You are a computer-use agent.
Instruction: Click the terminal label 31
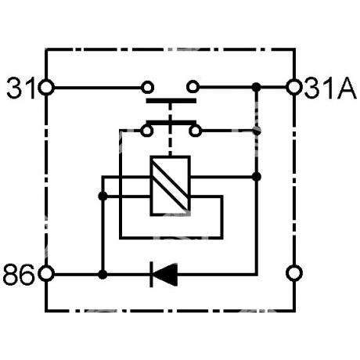21,88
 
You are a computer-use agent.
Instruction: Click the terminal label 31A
330,88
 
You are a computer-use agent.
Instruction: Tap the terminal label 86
18,275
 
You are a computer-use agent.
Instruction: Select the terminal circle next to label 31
46,88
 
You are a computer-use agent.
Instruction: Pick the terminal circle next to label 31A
294,88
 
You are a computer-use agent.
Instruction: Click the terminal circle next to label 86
46,274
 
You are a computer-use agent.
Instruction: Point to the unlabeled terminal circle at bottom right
294,273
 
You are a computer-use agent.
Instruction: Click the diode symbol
164,275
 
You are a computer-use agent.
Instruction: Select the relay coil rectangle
170,185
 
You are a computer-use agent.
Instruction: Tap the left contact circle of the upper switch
147,87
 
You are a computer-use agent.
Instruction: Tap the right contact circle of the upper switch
193,87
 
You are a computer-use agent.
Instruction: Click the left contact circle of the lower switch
147,131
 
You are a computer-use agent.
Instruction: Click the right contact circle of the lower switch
195,131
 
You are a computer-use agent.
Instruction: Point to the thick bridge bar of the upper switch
171,101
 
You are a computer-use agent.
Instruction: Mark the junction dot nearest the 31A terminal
257,87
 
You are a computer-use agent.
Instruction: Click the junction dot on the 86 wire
103,275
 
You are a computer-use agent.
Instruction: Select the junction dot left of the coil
103,196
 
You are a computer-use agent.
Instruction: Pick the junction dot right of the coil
257,177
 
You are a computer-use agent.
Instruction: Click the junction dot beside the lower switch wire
257,131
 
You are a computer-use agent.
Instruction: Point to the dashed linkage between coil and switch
171,130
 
